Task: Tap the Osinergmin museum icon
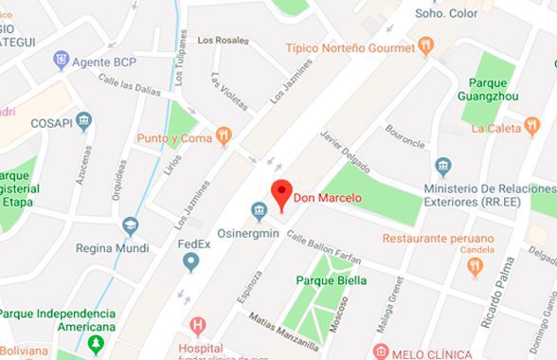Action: (256, 210)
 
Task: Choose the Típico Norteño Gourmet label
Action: (352, 45)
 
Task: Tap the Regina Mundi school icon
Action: (129, 225)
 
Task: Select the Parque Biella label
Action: (332, 280)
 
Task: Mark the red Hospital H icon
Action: (198, 328)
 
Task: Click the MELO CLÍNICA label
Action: (435, 352)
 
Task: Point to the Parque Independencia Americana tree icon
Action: (93, 342)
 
